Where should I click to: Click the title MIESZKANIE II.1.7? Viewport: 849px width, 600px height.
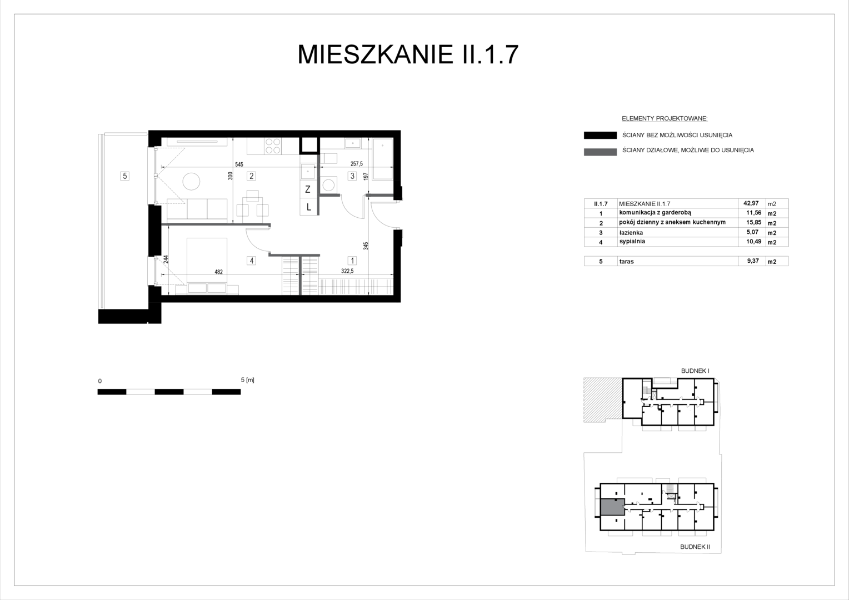tap(408, 54)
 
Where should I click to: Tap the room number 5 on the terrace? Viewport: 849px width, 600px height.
tap(124, 176)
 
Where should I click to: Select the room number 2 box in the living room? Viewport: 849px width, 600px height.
tap(251, 176)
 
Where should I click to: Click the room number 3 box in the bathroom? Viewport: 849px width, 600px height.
tap(352, 176)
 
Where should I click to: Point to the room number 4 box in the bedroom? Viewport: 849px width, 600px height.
tap(251, 261)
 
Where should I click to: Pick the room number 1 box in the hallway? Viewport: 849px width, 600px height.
tap(352, 261)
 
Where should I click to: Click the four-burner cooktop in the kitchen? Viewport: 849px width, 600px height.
tap(273, 146)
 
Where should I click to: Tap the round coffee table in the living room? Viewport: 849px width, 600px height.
tap(191, 182)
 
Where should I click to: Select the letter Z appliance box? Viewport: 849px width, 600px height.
tap(308, 189)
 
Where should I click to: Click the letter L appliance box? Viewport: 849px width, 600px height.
tap(308, 207)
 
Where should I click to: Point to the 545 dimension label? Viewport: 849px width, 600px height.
tap(239, 164)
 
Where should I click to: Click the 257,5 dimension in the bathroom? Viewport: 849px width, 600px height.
tap(357, 164)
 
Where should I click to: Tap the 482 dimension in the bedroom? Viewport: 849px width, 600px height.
tap(219, 272)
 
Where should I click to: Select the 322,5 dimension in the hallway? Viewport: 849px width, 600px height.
tap(347, 271)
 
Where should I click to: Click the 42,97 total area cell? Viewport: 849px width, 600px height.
tap(751, 203)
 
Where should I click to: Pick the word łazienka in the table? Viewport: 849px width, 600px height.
tap(631, 233)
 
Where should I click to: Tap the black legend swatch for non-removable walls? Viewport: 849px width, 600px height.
tap(601, 136)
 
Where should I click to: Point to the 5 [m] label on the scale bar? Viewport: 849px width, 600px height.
tap(247, 380)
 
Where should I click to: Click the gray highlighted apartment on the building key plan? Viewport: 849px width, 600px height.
tap(612, 507)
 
